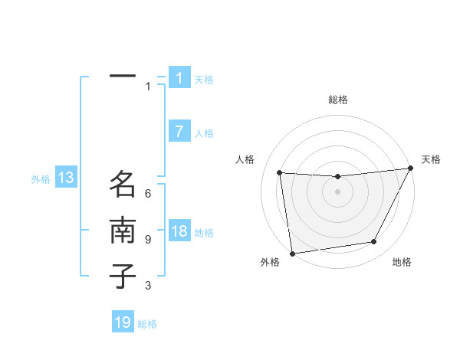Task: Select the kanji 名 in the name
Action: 123,184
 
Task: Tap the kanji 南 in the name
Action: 123,231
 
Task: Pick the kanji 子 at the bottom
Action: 123,275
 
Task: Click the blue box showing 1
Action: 179,78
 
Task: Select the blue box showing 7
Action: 179,132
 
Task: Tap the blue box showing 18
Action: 179,231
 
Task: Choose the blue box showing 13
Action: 66,178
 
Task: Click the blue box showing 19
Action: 123,322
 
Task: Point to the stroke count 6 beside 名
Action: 148,193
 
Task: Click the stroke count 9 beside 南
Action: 148,239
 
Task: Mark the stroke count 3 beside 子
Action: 148,286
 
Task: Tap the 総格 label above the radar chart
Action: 337,100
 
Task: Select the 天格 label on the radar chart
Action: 431,159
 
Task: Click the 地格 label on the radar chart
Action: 402,263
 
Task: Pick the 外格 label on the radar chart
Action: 270,263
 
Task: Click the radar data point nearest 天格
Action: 410,168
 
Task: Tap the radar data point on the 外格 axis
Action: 292,253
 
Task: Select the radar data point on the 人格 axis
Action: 280,172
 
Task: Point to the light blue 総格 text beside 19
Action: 147,324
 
